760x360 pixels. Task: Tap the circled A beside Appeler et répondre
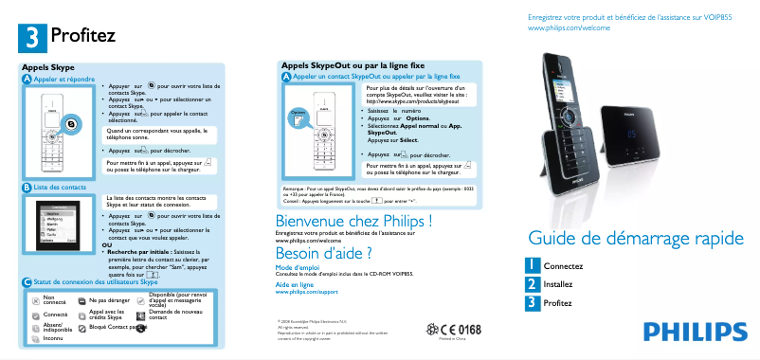point(26,80)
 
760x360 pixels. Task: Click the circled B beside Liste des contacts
point(26,189)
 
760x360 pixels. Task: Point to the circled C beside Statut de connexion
point(26,282)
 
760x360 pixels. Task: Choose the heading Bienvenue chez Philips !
point(346,221)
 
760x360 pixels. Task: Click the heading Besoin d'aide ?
point(322,253)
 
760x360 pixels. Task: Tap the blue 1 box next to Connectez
point(535,266)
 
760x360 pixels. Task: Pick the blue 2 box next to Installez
point(535,284)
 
